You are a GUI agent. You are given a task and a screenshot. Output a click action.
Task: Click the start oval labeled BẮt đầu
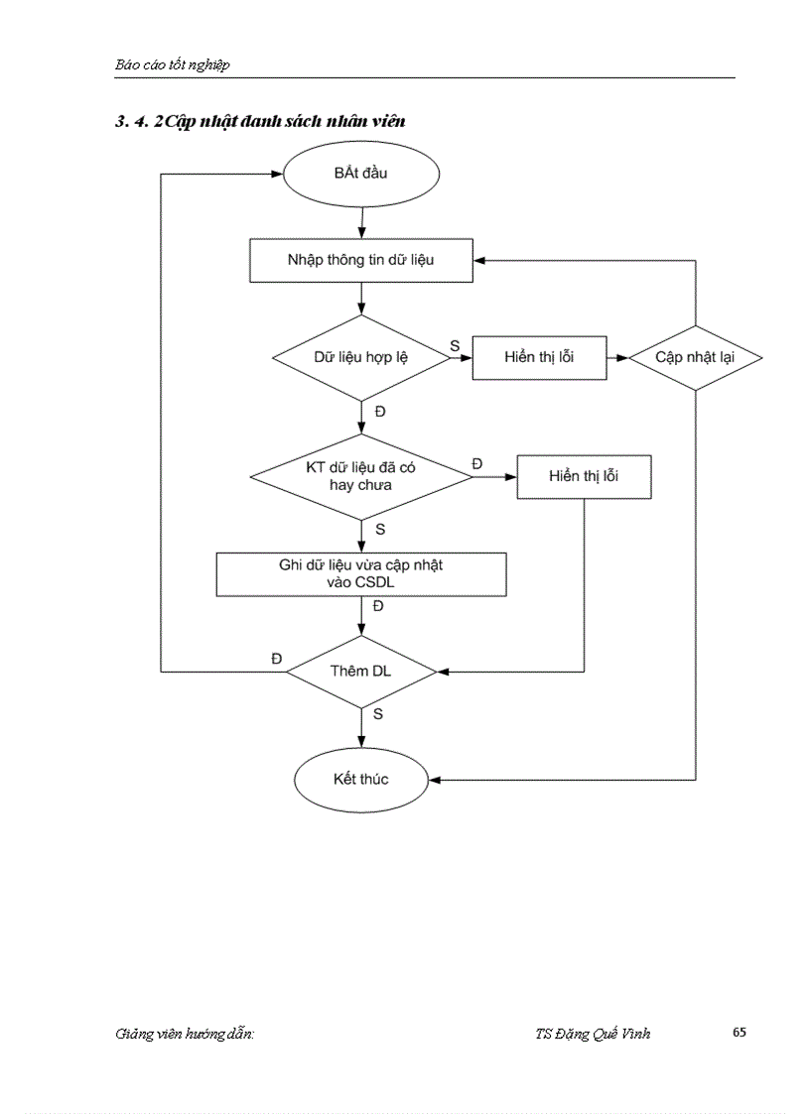click(361, 175)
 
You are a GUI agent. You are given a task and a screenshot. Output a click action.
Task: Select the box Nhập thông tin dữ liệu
click(360, 261)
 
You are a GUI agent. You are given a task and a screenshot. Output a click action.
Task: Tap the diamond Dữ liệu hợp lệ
click(360, 358)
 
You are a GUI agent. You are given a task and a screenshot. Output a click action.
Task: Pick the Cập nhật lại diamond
click(695, 358)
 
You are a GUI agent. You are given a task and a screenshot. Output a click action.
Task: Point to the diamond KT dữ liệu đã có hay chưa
click(360, 476)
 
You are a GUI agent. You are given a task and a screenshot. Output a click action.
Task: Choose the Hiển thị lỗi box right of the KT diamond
click(583, 477)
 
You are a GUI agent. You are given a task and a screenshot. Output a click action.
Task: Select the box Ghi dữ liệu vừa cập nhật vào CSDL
click(361, 574)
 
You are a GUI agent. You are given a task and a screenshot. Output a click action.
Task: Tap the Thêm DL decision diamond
click(360, 672)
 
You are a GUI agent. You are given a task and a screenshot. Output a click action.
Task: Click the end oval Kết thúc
click(360, 779)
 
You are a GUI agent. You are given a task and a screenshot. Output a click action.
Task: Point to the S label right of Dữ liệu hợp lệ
click(455, 345)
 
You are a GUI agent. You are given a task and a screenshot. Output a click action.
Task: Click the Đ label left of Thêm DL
click(277, 659)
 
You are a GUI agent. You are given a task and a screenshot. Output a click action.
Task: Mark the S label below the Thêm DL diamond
click(378, 713)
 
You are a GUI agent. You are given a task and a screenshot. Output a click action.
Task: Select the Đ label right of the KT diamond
click(477, 463)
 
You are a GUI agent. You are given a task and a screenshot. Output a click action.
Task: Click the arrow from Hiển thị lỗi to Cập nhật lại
click(616, 358)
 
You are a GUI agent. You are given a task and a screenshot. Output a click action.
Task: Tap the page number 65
click(740, 1032)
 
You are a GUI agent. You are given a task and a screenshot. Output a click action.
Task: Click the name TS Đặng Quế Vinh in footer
click(593, 1034)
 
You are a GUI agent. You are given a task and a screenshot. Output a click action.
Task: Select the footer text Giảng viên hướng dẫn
click(185, 1034)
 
